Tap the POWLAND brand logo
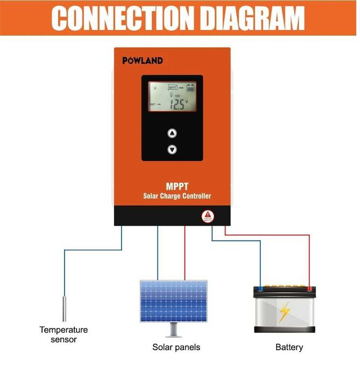coord(142,60)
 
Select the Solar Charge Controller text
coord(177,196)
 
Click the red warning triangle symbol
coord(208,216)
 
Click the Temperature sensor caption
coord(63,335)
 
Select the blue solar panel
coord(173,301)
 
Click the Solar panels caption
coord(177,347)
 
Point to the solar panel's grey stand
coord(173,329)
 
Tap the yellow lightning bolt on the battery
coord(284,311)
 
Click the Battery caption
coord(289,347)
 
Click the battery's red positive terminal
coord(309,288)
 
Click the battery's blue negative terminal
coord(261,288)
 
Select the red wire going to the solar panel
coord(185,253)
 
